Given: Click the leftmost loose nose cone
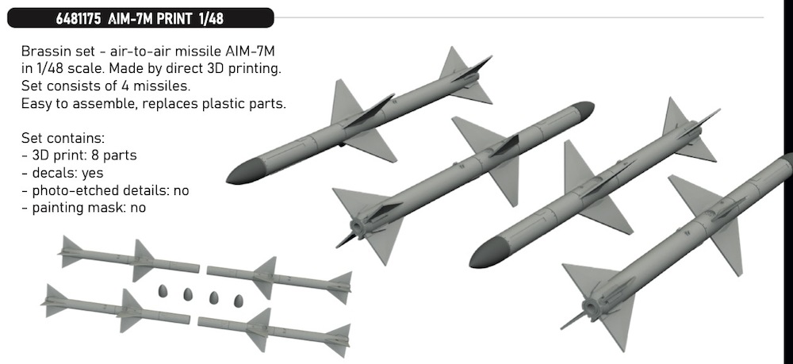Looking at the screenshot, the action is pos(163,291).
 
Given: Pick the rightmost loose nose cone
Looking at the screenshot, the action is pos(238,301).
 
